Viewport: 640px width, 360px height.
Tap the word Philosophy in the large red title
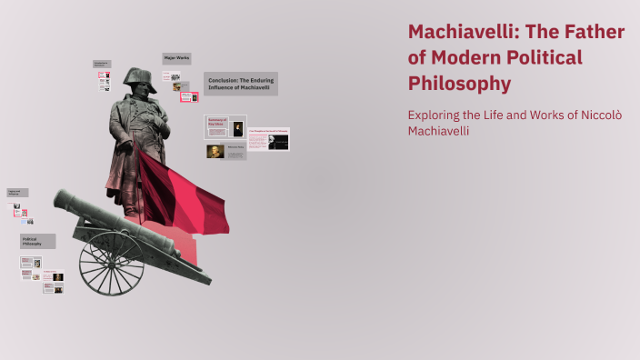pos(460,84)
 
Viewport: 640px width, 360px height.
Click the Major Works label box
pos(176,58)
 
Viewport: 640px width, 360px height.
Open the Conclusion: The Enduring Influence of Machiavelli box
pos(241,84)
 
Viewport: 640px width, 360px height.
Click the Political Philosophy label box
pos(38,241)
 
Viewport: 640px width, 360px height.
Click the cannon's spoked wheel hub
pos(111,264)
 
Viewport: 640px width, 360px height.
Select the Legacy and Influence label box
pos(17,193)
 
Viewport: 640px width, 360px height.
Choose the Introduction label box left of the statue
pos(102,64)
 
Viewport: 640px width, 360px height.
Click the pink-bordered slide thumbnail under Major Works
pos(189,95)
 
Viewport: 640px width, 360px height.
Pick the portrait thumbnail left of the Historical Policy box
pos(215,152)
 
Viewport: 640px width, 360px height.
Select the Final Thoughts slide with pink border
pos(268,138)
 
